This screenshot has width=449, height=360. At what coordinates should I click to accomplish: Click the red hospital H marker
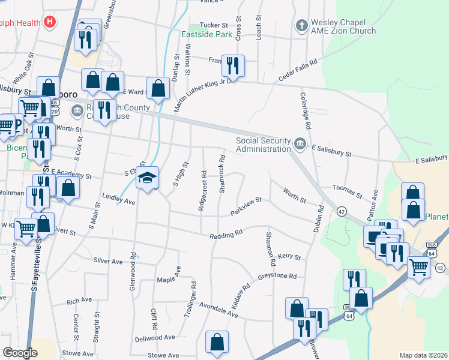coord(50,23)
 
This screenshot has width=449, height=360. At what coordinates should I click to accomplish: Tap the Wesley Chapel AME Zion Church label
coord(343,27)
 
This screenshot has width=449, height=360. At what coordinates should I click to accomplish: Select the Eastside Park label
coord(207,34)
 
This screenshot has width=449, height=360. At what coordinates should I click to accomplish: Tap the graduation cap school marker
coord(146,178)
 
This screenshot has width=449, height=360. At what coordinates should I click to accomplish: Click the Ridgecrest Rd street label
coord(203,191)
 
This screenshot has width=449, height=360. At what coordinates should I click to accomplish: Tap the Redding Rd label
coord(226,234)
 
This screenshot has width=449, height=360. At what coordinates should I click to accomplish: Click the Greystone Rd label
coord(277,276)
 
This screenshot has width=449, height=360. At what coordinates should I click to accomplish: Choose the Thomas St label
coord(347,192)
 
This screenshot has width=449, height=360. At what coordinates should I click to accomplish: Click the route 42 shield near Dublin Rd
coord(342,211)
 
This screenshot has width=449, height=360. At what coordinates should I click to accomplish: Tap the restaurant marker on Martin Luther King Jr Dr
coord(232,64)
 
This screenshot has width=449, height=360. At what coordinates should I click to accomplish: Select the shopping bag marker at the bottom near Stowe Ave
coord(217,341)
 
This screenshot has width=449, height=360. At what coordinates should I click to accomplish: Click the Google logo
coord(19,353)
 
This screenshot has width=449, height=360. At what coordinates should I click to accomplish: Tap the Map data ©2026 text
coord(423,355)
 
